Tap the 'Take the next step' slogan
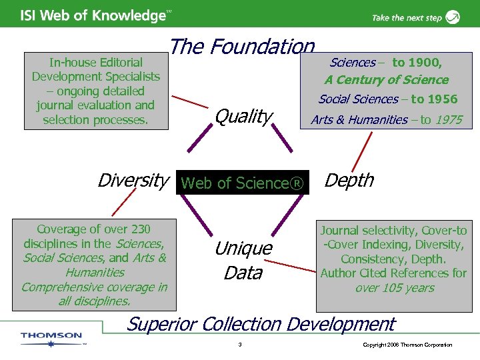(x=406, y=18)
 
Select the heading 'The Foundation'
(x=241, y=47)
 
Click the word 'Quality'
(x=243, y=117)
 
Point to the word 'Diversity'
(x=132, y=180)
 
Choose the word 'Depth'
(x=349, y=181)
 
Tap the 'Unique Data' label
(x=243, y=261)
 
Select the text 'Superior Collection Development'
(x=261, y=324)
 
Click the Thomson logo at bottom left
(x=51, y=337)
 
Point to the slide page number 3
(x=239, y=345)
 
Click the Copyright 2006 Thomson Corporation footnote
(x=407, y=345)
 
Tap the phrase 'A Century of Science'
(x=387, y=80)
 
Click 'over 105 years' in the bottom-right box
(x=395, y=288)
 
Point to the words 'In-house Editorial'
(x=95, y=63)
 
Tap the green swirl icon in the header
(x=453, y=17)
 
